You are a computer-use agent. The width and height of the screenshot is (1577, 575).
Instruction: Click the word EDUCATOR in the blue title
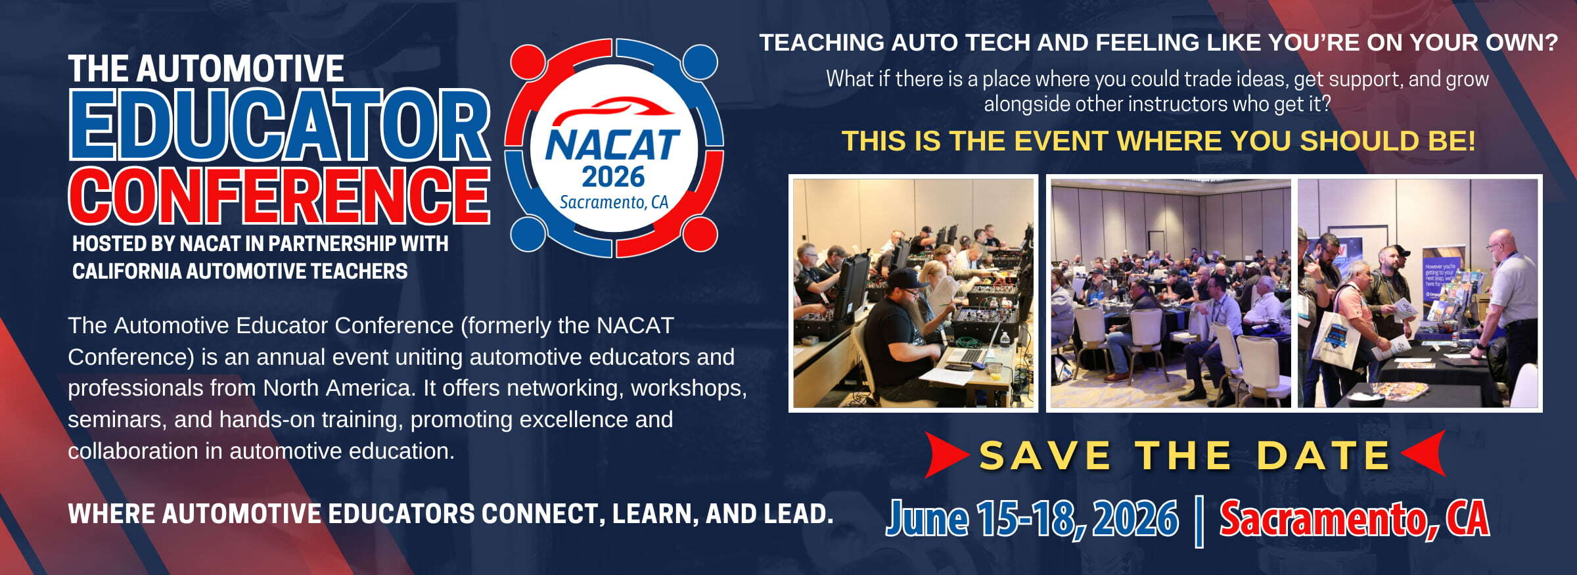click(280, 125)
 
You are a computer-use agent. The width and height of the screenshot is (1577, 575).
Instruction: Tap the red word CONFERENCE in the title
click(280, 195)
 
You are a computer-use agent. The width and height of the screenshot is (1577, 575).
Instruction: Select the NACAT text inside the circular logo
click(612, 145)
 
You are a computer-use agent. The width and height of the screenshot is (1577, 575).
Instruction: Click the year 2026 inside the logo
click(613, 177)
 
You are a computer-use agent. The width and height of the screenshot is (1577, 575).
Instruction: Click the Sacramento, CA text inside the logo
click(614, 202)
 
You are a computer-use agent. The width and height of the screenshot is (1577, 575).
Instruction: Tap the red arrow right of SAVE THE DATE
click(1423, 453)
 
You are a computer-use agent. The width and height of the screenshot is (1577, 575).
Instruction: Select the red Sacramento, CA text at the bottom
click(1354, 519)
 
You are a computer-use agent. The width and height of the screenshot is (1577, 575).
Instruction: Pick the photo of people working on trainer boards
click(913, 293)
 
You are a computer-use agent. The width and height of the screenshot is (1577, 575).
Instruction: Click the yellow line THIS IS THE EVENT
click(1159, 141)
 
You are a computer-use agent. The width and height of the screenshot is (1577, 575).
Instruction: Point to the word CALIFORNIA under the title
click(127, 271)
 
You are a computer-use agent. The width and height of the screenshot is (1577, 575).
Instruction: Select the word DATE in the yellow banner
click(1323, 455)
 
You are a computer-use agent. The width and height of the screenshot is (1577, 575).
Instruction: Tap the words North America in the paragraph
click(339, 388)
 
